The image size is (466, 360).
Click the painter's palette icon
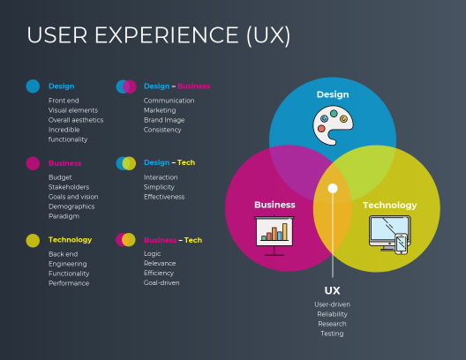[333, 125]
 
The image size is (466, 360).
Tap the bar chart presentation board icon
[274, 236]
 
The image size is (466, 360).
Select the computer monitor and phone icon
[390, 235]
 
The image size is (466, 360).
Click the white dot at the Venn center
[333, 188]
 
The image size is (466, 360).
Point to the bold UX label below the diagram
[332, 290]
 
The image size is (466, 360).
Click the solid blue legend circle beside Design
[33, 86]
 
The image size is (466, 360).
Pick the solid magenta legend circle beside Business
[33, 163]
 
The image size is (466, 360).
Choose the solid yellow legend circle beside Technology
[33, 240]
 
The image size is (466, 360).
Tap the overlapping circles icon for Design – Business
[126, 86]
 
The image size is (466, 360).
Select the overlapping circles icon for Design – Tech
[126, 163]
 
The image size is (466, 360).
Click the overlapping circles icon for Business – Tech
[125, 240]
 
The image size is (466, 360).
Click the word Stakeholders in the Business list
[69, 187]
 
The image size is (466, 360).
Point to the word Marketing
[160, 110]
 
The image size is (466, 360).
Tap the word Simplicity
[159, 187]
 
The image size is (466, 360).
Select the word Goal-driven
[162, 282]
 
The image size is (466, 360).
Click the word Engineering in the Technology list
[68, 264]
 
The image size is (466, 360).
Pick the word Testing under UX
[332, 334]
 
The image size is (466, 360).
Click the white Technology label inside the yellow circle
[389, 206]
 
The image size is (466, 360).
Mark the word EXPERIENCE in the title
[167, 35]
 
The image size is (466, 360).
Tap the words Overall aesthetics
[76, 120]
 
